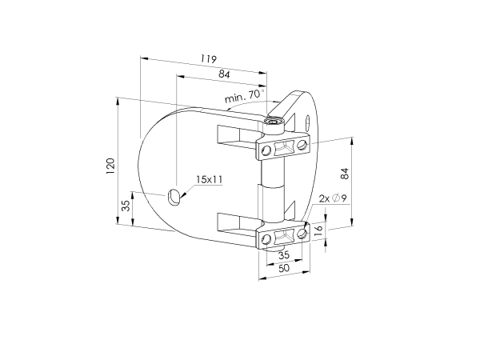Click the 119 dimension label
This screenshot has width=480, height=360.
point(209,58)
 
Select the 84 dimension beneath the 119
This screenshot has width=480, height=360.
point(224,74)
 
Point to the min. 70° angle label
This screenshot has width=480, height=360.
point(245,96)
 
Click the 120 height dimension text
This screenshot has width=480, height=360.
point(110,166)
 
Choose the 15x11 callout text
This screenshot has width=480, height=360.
point(209,179)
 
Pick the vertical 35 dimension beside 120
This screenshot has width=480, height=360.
point(126,205)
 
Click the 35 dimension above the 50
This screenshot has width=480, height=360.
point(284,254)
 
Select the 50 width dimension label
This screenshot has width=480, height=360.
point(284,268)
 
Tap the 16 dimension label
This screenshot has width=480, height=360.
point(318,228)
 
